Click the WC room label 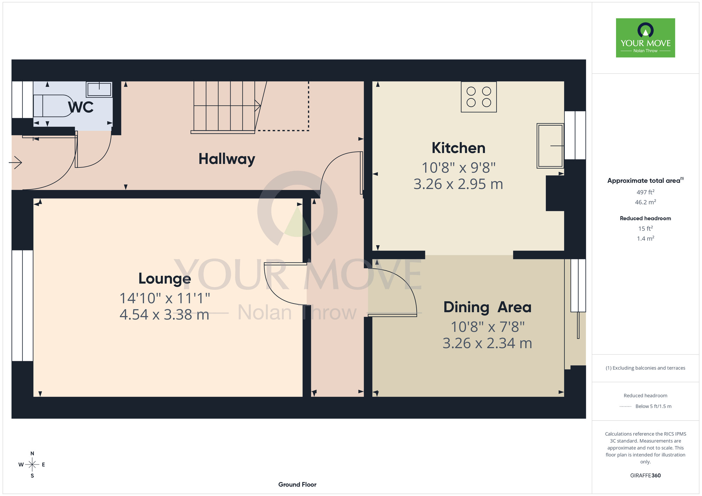[81, 107]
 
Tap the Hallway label [227, 159]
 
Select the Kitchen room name [458, 148]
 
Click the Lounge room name [165, 279]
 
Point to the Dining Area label [487, 307]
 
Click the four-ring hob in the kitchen [479, 97]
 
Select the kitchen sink [550, 145]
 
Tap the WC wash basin [99, 89]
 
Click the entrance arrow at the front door [15, 162]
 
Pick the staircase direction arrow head [258, 106]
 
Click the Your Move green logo [645, 38]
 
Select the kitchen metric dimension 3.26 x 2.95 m [458, 184]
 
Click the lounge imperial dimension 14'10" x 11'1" [165, 298]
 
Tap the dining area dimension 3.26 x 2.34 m [487, 343]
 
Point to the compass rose [32, 465]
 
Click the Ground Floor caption [297, 484]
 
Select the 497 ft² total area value [645, 192]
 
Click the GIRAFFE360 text [645, 476]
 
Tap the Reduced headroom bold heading [645, 218]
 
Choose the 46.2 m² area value [645, 202]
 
